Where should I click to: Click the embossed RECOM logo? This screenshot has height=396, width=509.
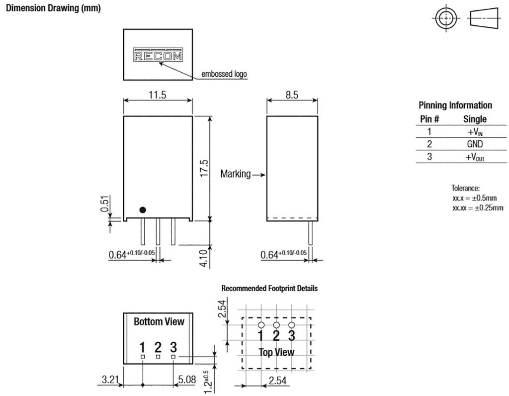pos(158,55)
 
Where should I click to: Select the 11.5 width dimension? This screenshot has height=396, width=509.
pos(157,95)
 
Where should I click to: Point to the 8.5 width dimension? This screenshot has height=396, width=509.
pos(292,95)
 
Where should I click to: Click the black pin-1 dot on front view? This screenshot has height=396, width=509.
pos(143,210)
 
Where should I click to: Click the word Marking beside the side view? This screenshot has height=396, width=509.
pos(236,175)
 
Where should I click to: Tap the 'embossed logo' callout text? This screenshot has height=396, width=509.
pos(224,75)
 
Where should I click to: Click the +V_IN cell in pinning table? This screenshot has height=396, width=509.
pos(475,132)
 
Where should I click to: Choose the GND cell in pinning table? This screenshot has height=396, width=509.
pos(475,144)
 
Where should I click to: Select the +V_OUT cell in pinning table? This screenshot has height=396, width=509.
pos(475,157)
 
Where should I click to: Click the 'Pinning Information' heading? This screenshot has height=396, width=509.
pos(455,105)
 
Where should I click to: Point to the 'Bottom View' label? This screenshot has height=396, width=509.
pos(159,321)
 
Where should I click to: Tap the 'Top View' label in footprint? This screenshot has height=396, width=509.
pos(276,352)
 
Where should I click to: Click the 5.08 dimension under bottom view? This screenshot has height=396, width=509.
pos(188,380)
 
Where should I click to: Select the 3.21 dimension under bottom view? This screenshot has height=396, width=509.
pos(110,380)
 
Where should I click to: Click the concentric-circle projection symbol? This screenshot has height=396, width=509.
pos(445,19)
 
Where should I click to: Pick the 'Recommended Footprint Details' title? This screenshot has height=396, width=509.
pos(269,288)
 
